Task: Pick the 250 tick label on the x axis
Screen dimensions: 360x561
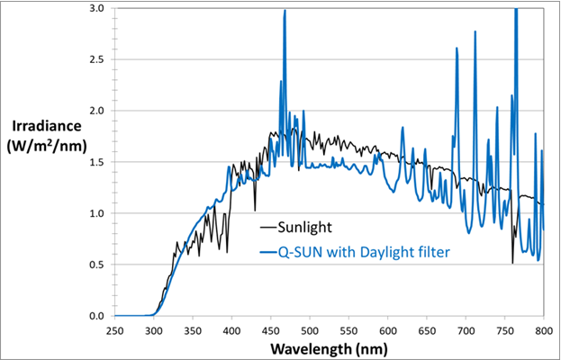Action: point(114,330)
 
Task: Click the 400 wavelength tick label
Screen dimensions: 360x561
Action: point(231,330)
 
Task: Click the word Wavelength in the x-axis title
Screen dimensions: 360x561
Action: point(307,347)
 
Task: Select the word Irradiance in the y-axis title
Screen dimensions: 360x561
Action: point(44,127)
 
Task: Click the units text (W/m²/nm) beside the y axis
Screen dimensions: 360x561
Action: point(44,147)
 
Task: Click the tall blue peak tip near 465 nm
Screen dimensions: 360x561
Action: point(285,12)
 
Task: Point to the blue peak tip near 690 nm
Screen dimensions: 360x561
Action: point(457,49)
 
